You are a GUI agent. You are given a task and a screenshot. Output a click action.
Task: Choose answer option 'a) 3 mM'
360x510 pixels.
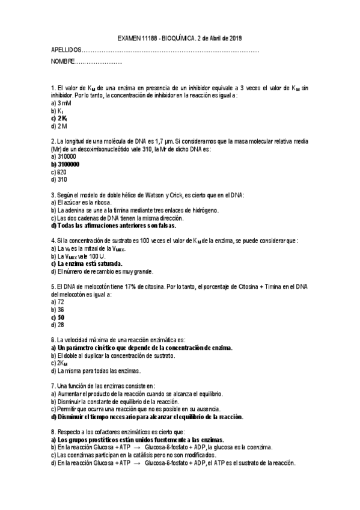(x=61, y=103)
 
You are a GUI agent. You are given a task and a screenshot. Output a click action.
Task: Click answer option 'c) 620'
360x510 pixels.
(x=59, y=171)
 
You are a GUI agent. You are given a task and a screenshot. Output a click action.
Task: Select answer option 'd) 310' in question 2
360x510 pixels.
(x=59, y=179)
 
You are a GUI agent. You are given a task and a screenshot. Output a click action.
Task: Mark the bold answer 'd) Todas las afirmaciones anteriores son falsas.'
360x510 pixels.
(x=114, y=226)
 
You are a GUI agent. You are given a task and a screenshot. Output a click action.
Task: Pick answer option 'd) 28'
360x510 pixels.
(x=58, y=325)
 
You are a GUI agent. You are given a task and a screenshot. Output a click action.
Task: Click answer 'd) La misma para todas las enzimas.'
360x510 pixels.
(x=96, y=371)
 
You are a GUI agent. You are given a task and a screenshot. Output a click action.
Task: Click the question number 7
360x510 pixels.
(x=53, y=386)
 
